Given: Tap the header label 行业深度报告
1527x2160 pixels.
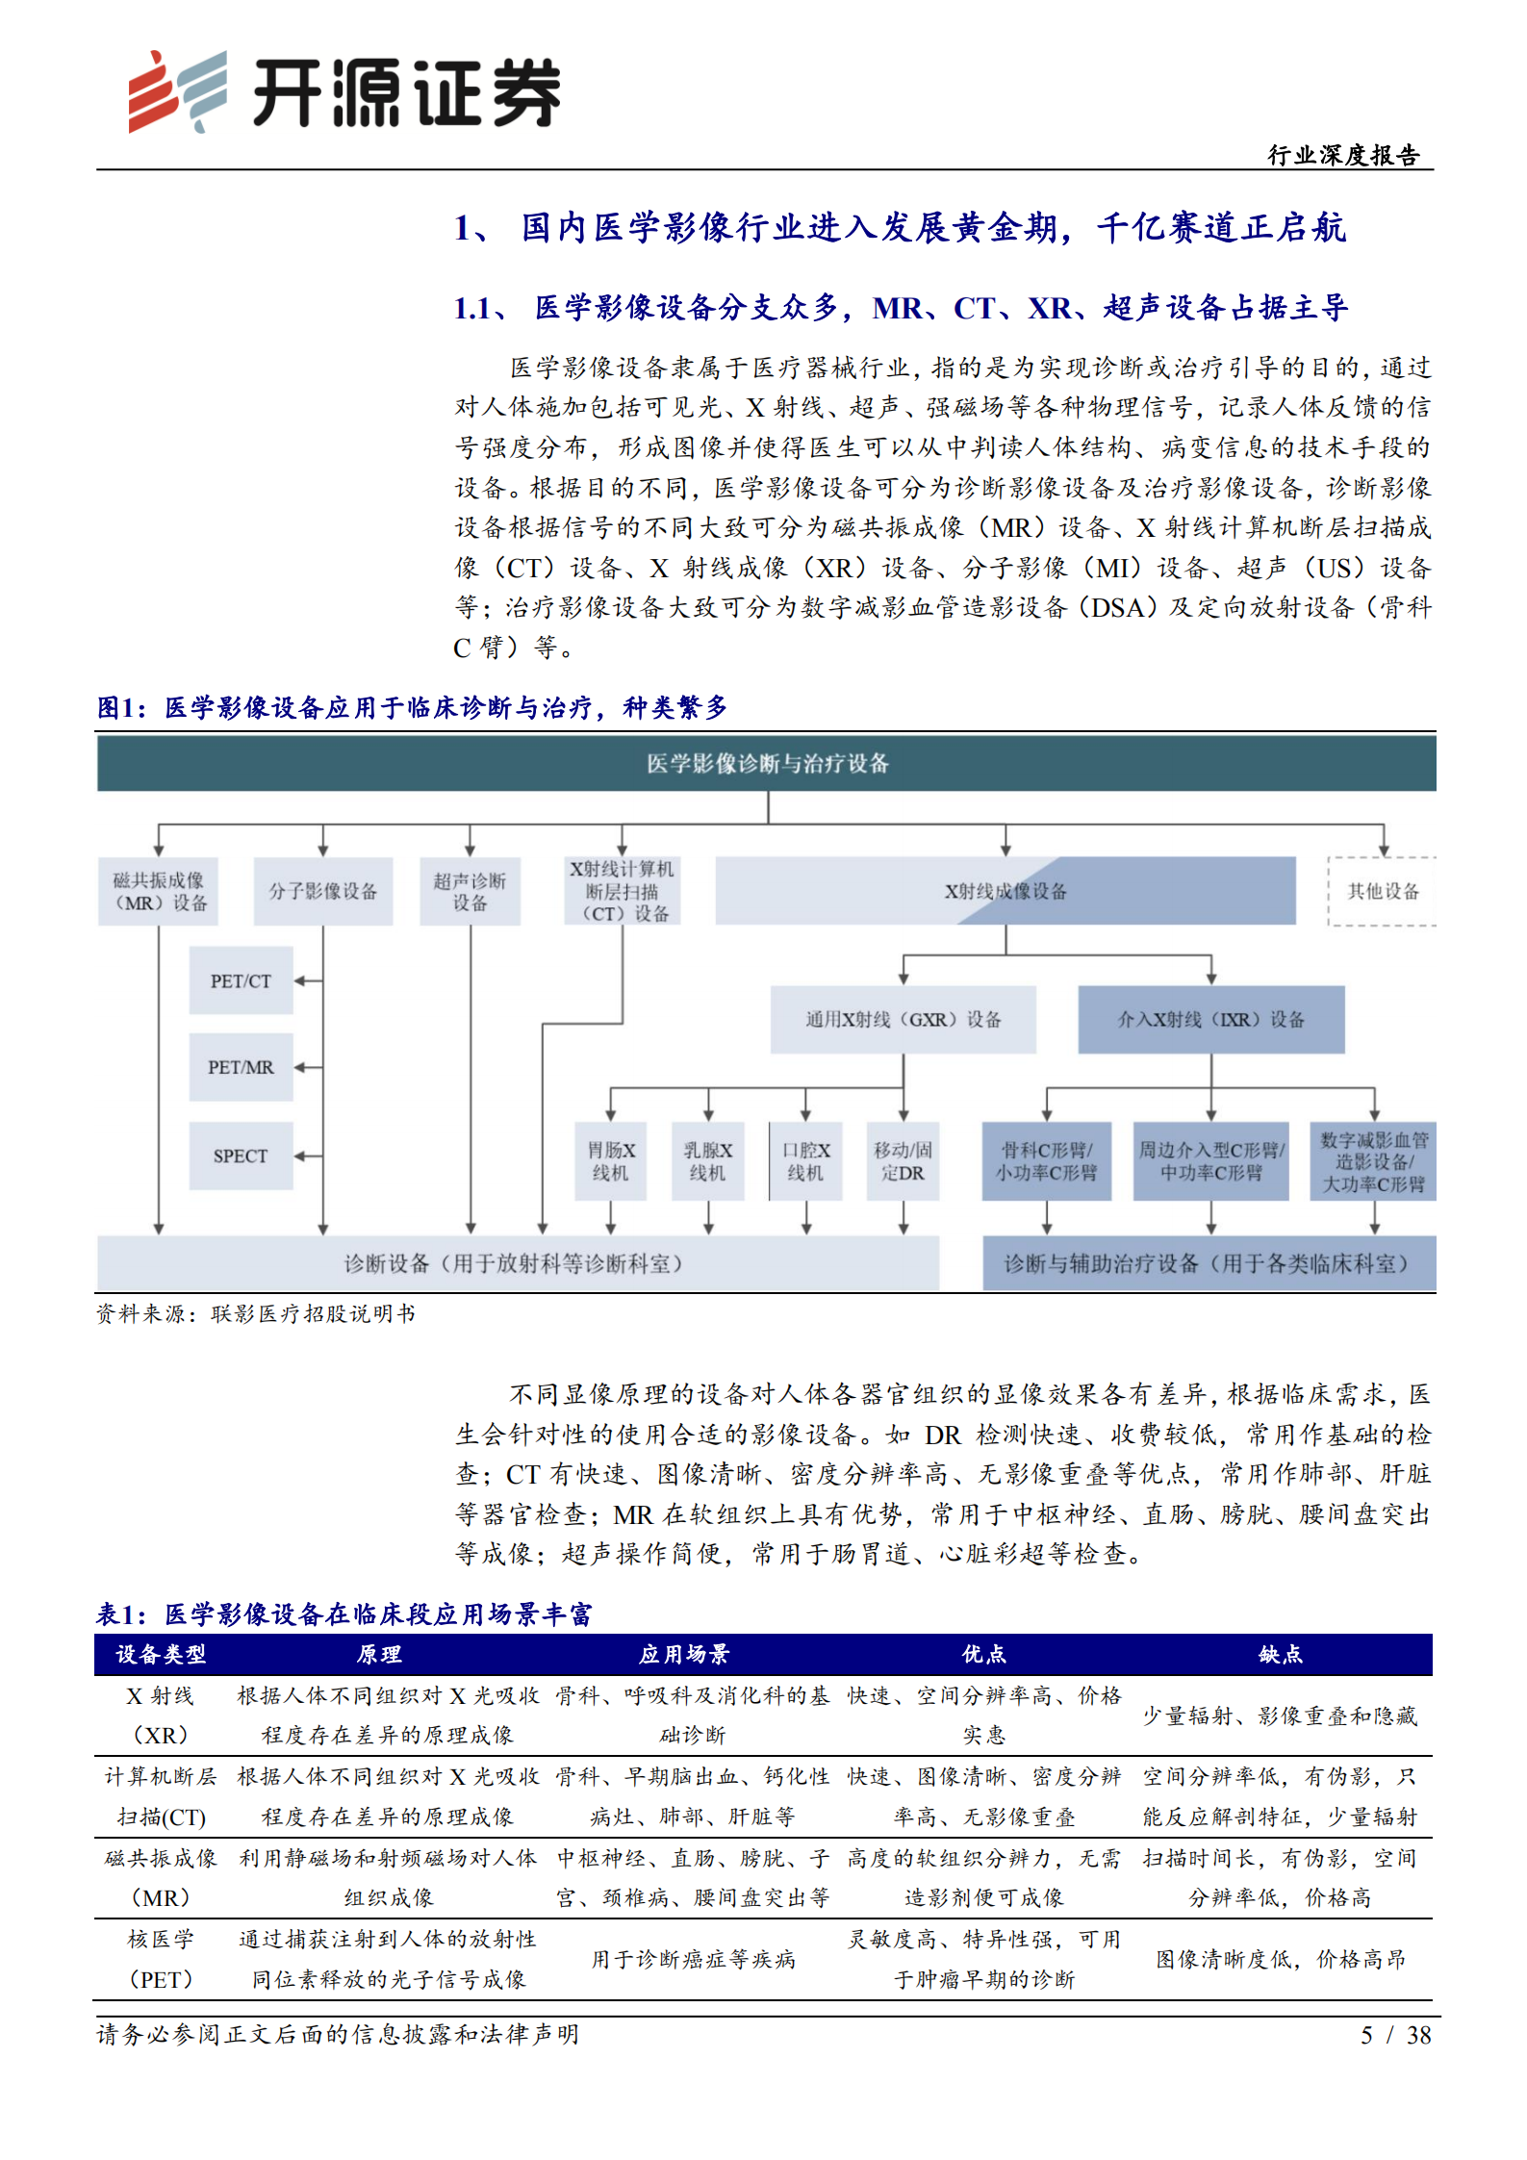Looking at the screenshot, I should [x=1343, y=155].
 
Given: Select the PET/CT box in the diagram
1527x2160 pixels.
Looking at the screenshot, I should [x=241, y=980].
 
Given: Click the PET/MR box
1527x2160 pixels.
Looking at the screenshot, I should [x=241, y=1067].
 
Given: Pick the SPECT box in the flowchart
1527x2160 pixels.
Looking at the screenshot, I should [x=241, y=1156].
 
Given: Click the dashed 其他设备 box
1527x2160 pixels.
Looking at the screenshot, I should [x=1382, y=891].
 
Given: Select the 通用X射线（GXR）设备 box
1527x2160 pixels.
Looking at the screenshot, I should [x=903, y=1019].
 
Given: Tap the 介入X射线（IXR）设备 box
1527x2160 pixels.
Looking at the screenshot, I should [x=1210, y=1019].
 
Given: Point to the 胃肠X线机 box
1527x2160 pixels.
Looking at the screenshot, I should [x=610, y=1161].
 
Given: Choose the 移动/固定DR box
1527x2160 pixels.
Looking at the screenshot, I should [x=903, y=1161].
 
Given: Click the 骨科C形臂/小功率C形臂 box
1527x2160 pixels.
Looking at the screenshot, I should [x=1046, y=1161].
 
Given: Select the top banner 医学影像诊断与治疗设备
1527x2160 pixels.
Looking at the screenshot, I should [x=767, y=764].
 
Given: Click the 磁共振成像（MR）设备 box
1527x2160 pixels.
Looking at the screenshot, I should [x=159, y=891].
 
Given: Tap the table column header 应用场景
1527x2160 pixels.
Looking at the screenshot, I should [x=684, y=1654].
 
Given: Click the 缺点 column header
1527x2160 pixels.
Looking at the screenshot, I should [x=1280, y=1654].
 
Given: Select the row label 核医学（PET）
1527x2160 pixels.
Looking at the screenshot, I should [x=161, y=1959].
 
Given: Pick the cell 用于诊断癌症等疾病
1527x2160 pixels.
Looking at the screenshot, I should [x=693, y=1959].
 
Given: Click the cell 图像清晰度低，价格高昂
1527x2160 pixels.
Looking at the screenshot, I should [x=1280, y=1959].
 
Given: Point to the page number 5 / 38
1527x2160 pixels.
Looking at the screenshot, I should [x=1395, y=2035].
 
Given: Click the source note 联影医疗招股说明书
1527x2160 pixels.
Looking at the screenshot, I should [x=313, y=1313].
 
